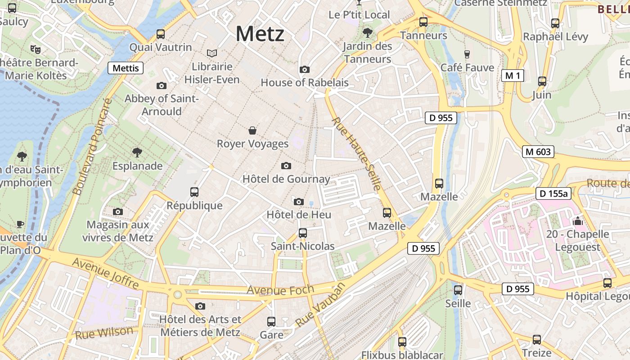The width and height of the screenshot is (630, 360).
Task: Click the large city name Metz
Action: (260, 34)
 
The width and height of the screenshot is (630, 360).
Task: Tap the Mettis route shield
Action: (126, 68)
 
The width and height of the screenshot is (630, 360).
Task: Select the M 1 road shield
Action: (513, 76)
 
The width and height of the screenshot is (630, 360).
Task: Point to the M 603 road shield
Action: (538, 152)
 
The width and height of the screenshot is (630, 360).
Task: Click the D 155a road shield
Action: (553, 194)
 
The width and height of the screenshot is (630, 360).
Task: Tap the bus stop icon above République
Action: (194, 192)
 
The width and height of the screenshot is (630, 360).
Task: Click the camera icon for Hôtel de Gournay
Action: (286, 166)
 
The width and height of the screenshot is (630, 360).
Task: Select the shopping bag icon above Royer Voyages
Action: (252, 130)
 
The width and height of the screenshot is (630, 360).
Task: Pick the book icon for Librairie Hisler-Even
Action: (211, 53)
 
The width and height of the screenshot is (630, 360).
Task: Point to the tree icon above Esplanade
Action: (137, 153)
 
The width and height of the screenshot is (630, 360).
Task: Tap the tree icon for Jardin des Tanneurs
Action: (367, 32)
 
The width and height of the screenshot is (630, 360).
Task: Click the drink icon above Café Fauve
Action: (467, 54)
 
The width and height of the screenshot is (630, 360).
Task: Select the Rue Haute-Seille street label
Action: (357, 154)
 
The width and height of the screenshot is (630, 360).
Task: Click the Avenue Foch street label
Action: (280, 290)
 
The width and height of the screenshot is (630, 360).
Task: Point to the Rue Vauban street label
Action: (320, 305)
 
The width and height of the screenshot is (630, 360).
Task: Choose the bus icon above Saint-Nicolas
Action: (303, 233)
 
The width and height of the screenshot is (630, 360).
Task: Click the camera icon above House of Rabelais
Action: (305, 69)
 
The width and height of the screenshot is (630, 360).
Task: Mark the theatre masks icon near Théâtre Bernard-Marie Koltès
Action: (35, 49)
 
